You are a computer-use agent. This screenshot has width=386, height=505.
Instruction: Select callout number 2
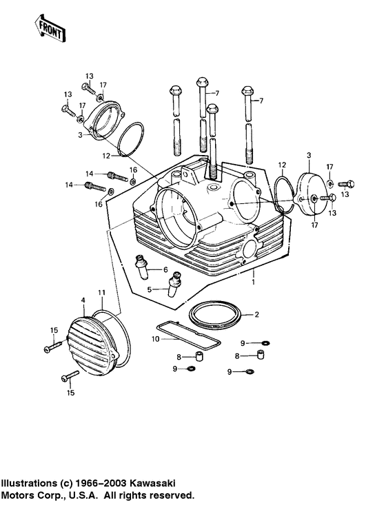click(257, 315)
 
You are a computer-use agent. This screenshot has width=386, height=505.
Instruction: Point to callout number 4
click(83, 300)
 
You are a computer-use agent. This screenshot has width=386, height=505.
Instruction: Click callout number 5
click(148, 289)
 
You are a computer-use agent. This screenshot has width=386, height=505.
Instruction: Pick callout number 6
click(165, 270)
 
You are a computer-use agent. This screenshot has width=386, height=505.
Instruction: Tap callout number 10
click(154, 340)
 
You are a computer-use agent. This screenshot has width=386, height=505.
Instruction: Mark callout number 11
click(101, 293)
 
